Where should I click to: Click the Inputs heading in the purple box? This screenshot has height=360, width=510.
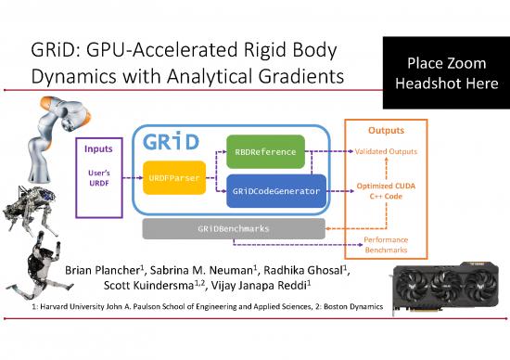pos(98,148)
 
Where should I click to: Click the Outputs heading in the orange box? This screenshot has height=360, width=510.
pos(386,131)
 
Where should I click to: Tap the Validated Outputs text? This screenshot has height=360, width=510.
pos(386,151)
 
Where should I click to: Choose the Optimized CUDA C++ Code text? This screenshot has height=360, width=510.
pos(386,191)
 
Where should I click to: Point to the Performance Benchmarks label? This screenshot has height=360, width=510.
pos(386,245)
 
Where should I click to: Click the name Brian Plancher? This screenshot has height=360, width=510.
pos(116,270)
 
